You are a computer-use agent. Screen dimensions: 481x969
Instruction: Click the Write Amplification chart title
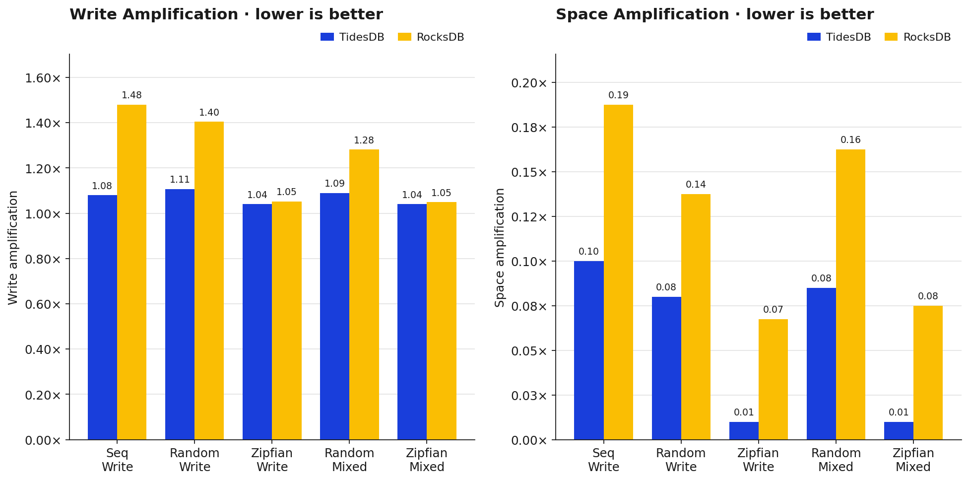(226, 14)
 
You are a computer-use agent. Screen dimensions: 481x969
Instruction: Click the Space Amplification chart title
(714, 14)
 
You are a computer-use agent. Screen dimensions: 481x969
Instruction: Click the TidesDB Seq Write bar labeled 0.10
(589, 350)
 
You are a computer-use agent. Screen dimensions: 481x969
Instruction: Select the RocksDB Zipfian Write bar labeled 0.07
(773, 379)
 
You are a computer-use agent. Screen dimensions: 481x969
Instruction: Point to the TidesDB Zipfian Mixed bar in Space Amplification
(899, 430)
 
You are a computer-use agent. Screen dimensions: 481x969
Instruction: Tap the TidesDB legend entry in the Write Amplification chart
(352, 37)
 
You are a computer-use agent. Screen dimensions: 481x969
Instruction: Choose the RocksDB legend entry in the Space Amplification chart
(917, 37)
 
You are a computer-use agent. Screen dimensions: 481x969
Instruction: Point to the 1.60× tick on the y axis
(43, 78)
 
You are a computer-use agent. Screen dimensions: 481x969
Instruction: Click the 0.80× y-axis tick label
(43, 259)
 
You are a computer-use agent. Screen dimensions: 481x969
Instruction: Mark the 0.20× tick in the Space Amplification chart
(529, 83)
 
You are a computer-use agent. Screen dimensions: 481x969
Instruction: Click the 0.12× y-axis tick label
(529, 217)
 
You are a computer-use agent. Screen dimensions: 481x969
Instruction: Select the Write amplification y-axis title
(13, 247)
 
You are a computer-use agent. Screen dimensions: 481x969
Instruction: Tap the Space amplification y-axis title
(500, 247)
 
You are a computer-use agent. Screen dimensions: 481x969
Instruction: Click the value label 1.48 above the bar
(131, 95)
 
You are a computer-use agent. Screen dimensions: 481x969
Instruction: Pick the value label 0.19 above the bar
(618, 95)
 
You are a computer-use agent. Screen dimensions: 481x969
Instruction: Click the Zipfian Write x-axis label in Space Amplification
(758, 460)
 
